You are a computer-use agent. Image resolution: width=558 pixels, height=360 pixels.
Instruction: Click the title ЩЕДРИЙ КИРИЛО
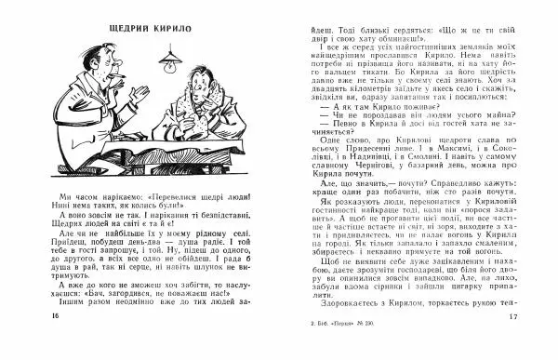click(x=147, y=27)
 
